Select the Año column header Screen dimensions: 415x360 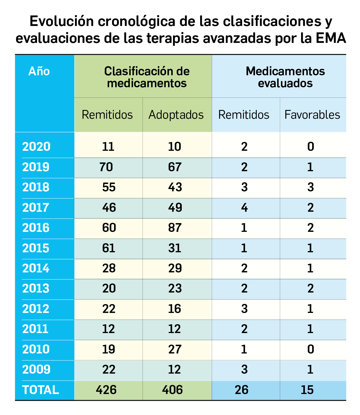(39, 71)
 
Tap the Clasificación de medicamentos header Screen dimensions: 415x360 (147, 77)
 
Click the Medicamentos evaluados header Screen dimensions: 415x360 (285, 77)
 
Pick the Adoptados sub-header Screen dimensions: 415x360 (176, 115)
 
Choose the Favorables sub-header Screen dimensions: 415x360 (312, 115)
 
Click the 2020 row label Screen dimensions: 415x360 (36, 146)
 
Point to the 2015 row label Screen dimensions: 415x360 (36, 248)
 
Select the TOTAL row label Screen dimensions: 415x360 (41, 390)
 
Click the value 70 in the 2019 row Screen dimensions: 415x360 (106, 167)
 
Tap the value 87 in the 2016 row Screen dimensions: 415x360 (175, 228)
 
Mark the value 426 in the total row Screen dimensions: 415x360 (106, 390)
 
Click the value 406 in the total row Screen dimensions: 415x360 (172, 390)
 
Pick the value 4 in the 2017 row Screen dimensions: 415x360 (244, 208)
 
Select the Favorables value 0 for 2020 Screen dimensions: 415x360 (310, 146)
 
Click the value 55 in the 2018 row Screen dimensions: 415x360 (109, 187)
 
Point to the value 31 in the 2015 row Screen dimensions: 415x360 (175, 248)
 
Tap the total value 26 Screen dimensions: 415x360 (242, 390)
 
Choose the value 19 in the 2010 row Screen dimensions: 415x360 (109, 349)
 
